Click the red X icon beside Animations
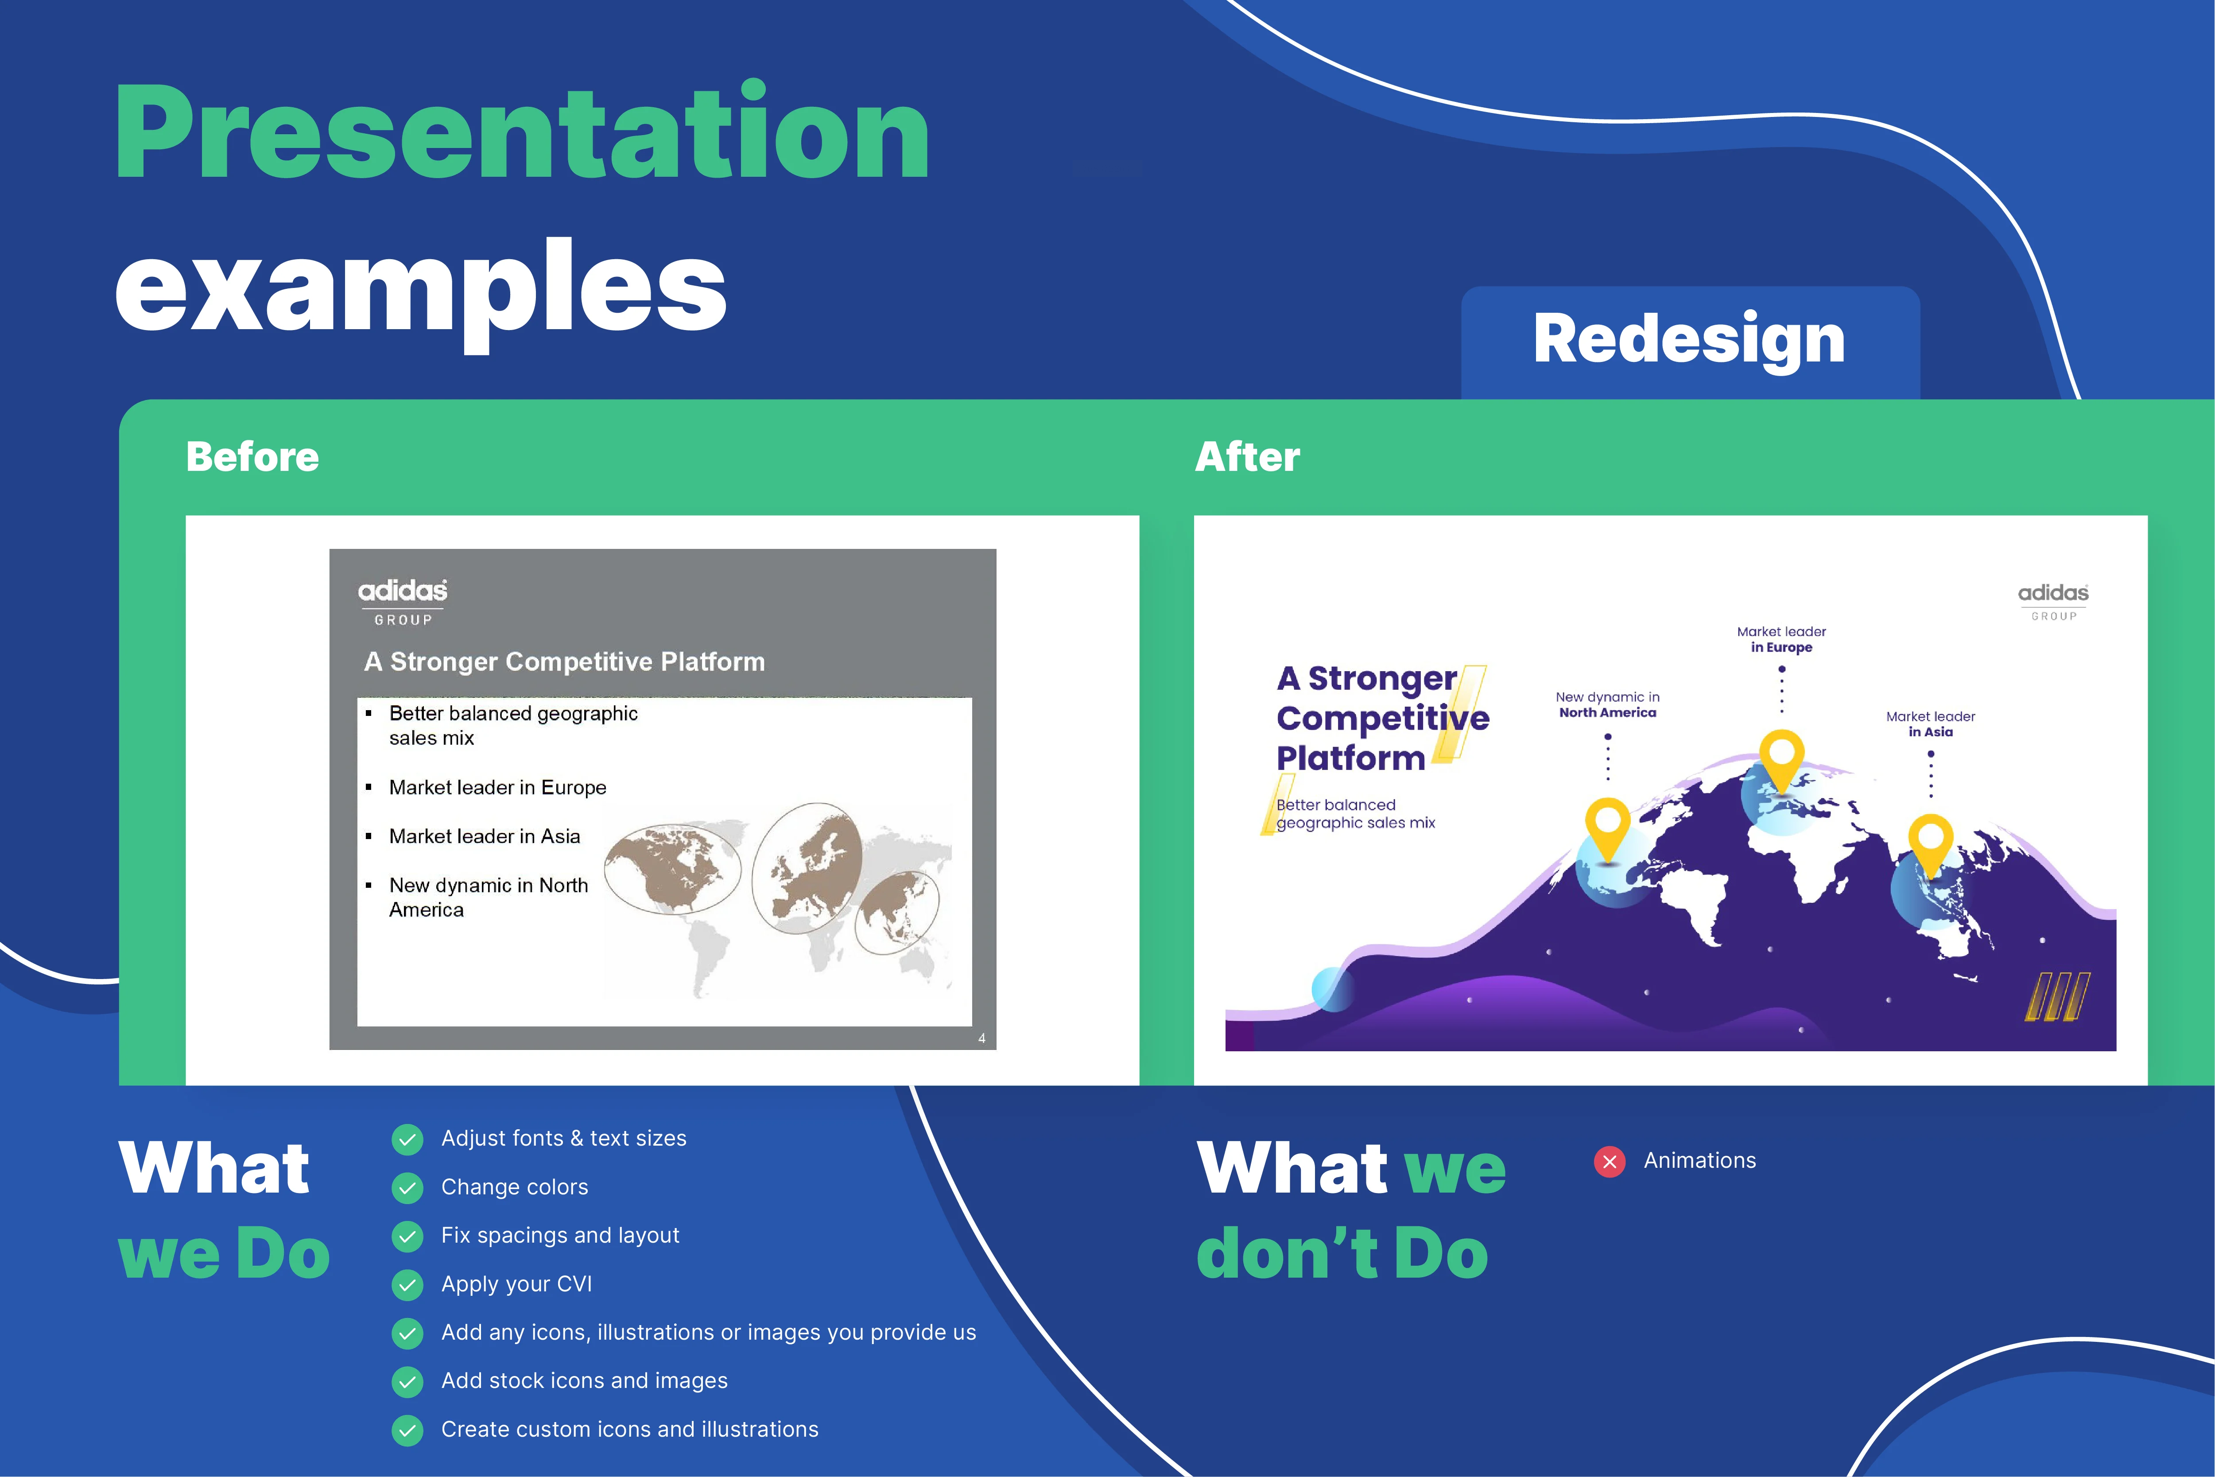[1610, 1162]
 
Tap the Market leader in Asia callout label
[1931, 724]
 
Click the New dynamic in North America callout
[1608, 704]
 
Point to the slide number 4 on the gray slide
[981, 1038]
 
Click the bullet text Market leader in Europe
[497, 788]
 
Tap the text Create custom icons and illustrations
[630, 1430]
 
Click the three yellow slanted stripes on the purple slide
[2058, 997]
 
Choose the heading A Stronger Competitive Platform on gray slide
[564, 662]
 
